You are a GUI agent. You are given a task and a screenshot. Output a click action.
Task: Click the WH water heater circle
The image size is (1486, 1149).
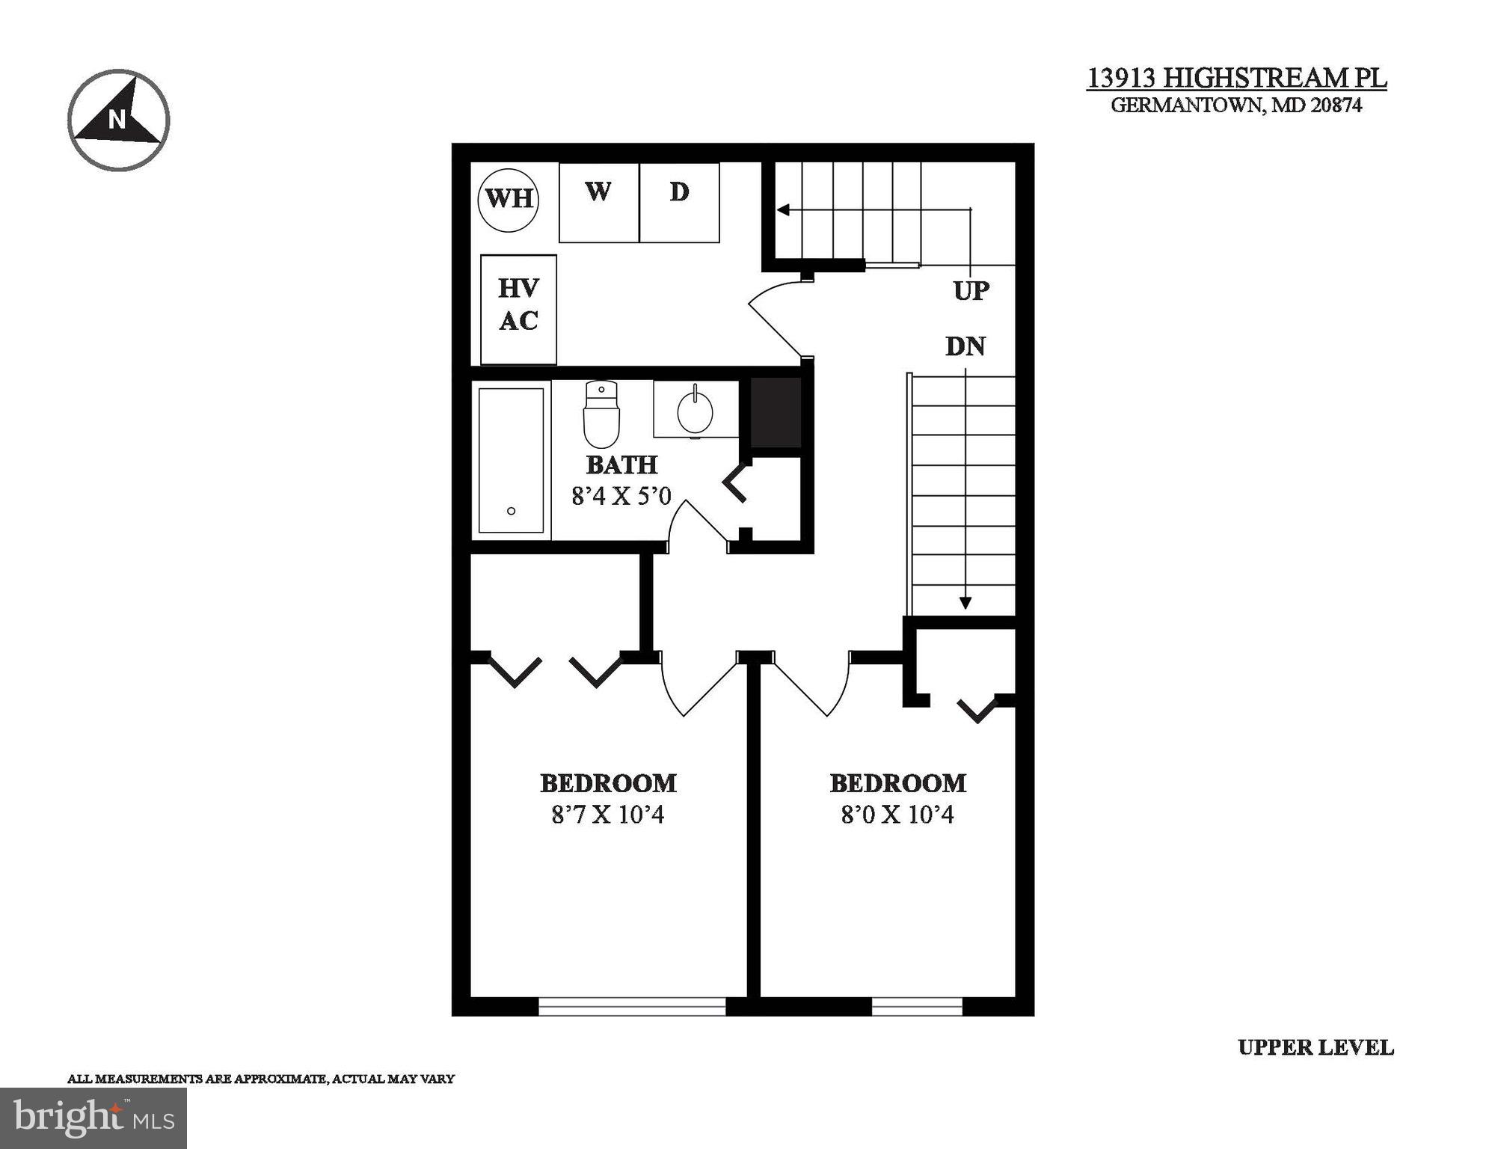tap(509, 199)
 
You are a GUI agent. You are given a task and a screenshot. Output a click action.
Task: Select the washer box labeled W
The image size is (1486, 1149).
tap(598, 202)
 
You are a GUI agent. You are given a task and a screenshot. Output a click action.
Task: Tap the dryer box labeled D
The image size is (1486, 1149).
tap(679, 202)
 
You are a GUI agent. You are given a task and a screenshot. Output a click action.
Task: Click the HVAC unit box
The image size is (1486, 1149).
tap(518, 309)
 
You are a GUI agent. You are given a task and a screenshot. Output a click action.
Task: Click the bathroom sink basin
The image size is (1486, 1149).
tap(695, 411)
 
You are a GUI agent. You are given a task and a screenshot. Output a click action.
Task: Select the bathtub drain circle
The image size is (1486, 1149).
tap(512, 511)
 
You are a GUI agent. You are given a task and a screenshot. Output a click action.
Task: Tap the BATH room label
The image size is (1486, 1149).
tap(621, 465)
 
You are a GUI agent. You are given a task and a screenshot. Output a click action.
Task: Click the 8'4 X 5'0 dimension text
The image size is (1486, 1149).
tap(621, 495)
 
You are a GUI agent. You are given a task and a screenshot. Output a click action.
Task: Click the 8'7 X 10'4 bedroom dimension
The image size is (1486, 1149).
tap(607, 814)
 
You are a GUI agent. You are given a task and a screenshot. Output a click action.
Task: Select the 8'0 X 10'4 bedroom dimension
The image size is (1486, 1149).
tap(897, 814)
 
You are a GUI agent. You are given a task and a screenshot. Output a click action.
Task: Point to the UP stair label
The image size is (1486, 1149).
tap(971, 290)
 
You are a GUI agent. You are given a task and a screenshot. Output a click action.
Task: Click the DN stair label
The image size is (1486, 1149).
tap(965, 346)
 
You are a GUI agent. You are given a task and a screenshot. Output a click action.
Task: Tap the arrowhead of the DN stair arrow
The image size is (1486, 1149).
tap(965, 602)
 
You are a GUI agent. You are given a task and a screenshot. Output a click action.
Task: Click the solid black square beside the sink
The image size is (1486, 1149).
tap(776, 412)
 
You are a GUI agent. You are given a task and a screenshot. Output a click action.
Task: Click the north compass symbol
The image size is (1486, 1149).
tap(119, 120)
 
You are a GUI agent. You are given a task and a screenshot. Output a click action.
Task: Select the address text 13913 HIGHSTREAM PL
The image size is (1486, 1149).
tap(1236, 78)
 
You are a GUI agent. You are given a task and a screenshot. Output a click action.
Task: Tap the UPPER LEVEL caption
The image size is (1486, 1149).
tap(1315, 1047)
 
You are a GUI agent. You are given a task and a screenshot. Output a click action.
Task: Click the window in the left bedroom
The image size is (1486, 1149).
tap(632, 1007)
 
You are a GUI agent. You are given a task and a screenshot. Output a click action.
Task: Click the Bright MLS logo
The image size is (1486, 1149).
tap(93, 1118)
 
